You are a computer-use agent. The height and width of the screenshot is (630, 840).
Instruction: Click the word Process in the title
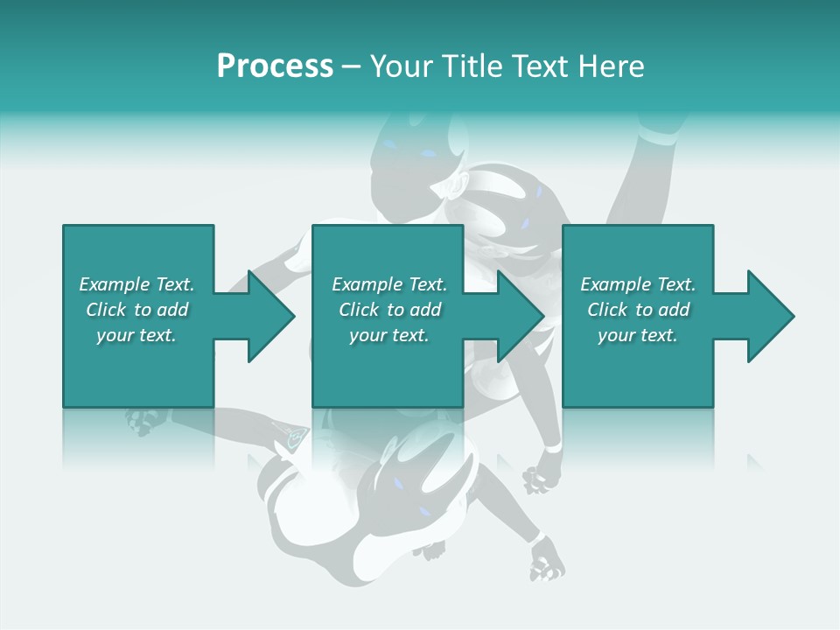pos(275,67)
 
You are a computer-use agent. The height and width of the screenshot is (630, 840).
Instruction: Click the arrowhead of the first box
pos(267,316)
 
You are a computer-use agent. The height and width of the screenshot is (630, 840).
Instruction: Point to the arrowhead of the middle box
pos(517,316)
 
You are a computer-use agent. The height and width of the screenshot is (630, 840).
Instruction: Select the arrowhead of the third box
pos(766,316)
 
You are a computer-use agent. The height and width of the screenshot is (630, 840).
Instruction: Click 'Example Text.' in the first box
pos(136,284)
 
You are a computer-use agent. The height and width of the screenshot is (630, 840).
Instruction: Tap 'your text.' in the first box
pos(136,335)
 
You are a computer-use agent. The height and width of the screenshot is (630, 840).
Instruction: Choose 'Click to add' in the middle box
pos(389,310)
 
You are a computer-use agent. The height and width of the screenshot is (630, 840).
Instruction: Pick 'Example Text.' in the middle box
pos(389,284)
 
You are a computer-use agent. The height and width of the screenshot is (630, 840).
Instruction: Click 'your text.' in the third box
pos(638,335)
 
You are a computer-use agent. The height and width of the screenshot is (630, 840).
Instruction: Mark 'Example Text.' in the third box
pos(638,284)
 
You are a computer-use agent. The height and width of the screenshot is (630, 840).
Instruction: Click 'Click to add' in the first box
pos(136,310)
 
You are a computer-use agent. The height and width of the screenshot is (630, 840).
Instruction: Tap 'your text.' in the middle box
pos(389,335)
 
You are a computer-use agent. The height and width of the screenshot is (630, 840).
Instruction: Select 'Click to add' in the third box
pos(638,310)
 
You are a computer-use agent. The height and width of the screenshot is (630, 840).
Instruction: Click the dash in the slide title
pos(352,67)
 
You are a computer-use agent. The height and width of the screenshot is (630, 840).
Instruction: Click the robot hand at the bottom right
pos(548,560)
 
